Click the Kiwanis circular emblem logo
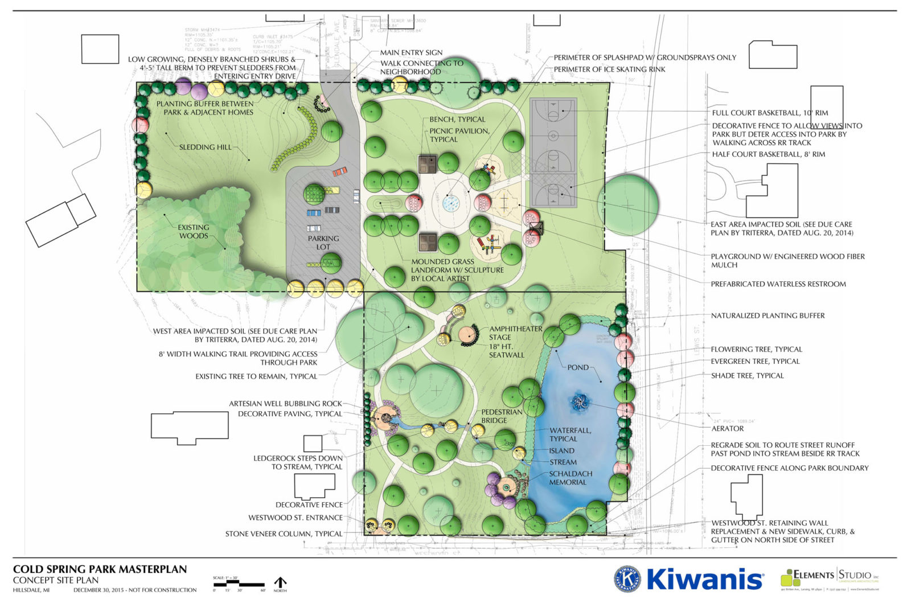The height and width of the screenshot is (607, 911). click(627, 579)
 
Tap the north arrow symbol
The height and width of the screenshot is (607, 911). click(280, 583)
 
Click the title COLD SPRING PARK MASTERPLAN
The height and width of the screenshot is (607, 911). click(100, 569)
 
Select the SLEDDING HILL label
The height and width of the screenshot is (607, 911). click(206, 147)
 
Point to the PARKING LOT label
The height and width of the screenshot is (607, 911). click(323, 243)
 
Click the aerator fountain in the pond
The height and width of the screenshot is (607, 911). click(580, 402)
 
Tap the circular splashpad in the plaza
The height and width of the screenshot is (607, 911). click(451, 202)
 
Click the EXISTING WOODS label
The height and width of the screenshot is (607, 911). click(194, 231)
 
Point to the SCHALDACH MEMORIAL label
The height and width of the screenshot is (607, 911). click(571, 478)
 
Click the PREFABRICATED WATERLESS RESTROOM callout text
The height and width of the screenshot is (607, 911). click(778, 284)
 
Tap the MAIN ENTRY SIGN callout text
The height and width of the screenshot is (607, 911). click(411, 52)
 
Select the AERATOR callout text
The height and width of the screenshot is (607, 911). click(728, 428)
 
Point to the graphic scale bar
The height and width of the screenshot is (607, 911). click(239, 584)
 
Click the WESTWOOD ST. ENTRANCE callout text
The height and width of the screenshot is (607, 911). click(295, 518)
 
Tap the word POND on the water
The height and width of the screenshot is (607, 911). click(578, 367)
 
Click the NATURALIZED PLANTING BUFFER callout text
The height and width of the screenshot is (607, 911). click(768, 315)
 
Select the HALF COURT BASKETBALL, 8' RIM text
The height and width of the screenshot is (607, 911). click(768, 154)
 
